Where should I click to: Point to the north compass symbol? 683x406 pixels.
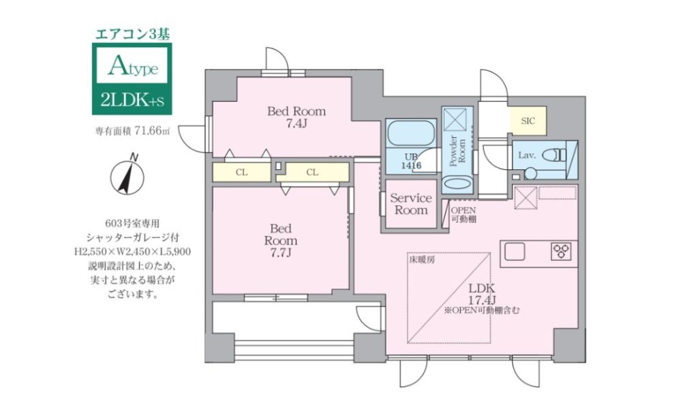tap(127, 175)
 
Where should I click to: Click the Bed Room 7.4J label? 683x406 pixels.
tap(296, 117)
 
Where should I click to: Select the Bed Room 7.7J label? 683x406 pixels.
tap(280, 240)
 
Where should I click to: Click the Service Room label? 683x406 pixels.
tap(410, 203)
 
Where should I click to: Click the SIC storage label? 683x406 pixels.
tap(528, 121)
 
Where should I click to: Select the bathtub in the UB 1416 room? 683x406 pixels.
tap(410, 134)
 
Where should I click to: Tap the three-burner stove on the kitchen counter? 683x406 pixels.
tap(563, 252)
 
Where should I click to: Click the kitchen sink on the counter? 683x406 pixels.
tap(515, 252)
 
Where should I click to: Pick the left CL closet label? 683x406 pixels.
tap(241, 172)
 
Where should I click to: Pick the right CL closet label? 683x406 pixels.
tap(312, 172)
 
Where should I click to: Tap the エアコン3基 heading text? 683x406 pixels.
tap(132, 32)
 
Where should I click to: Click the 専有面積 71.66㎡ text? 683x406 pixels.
tap(132, 131)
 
